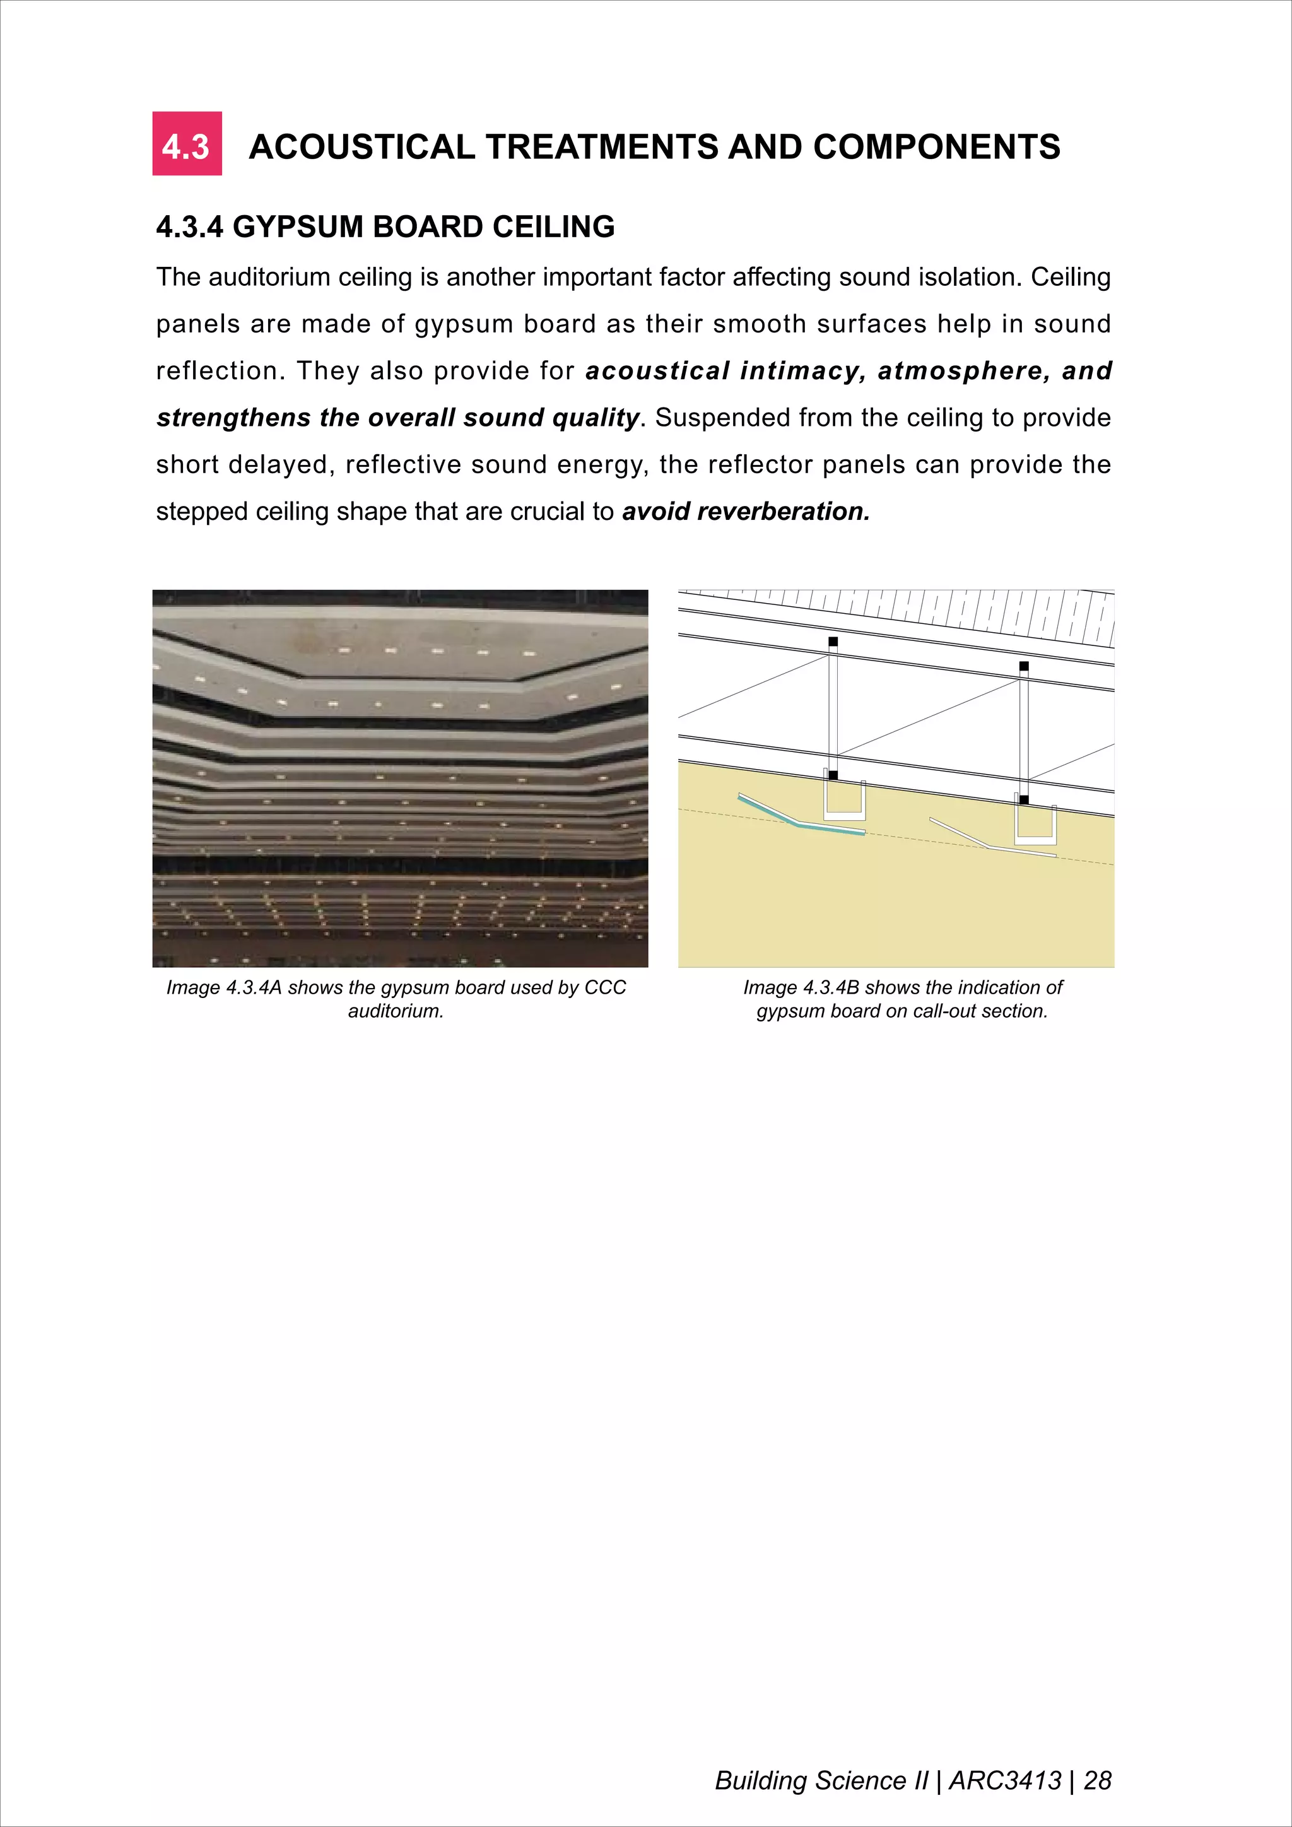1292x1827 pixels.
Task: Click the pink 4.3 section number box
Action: (x=187, y=144)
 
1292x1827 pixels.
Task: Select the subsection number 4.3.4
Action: (x=189, y=228)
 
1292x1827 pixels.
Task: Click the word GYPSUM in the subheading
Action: (x=298, y=228)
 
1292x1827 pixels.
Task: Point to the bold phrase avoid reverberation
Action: (x=746, y=512)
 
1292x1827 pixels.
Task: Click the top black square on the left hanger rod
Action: (x=833, y=642)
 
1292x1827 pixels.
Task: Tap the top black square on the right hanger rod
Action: (x=1024, y=666)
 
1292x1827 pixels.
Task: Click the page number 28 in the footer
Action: (x=1097, y=1780)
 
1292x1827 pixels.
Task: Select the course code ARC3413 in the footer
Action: (x=1006, y=1780)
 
